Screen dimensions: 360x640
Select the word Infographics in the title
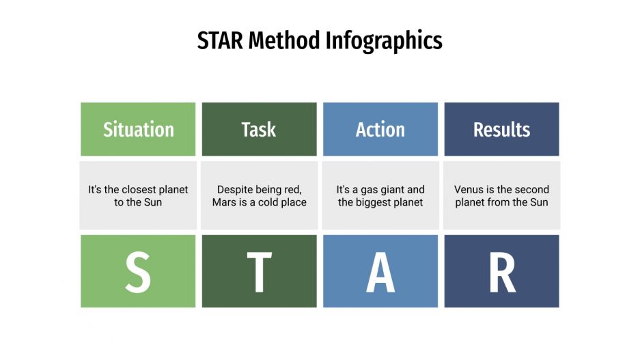(383, 42)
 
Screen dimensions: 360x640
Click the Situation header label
(138, 129)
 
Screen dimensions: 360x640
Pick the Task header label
(259, 129)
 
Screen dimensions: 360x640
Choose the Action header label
(380, 129)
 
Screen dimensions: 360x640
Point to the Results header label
(501, 129)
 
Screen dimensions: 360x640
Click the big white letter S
(138, 272)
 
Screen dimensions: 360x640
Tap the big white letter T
(259, 272)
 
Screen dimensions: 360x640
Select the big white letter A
(380, 272)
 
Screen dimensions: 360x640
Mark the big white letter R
(502, 272)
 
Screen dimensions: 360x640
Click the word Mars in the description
(225, 202)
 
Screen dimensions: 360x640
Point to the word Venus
(470, 189)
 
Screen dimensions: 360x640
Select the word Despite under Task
(236, 189)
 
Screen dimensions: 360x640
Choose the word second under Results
(532, 189)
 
